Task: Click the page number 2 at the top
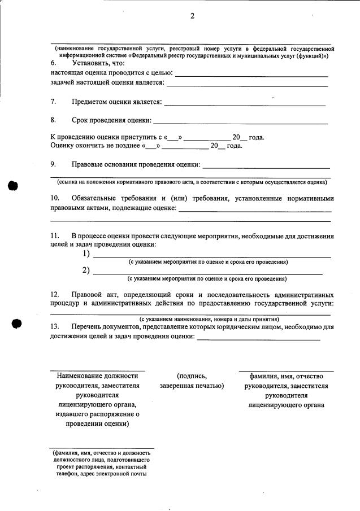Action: [192, 16]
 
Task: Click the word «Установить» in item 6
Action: [93, 64]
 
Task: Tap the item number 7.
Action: [53, 102]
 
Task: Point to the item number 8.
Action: [53, 120]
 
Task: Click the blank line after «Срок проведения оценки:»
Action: [240, 122]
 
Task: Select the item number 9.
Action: [53, 164]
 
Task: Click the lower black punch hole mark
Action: [16, 324]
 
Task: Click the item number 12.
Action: [55, 295]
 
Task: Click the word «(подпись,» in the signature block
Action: [192, 376]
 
